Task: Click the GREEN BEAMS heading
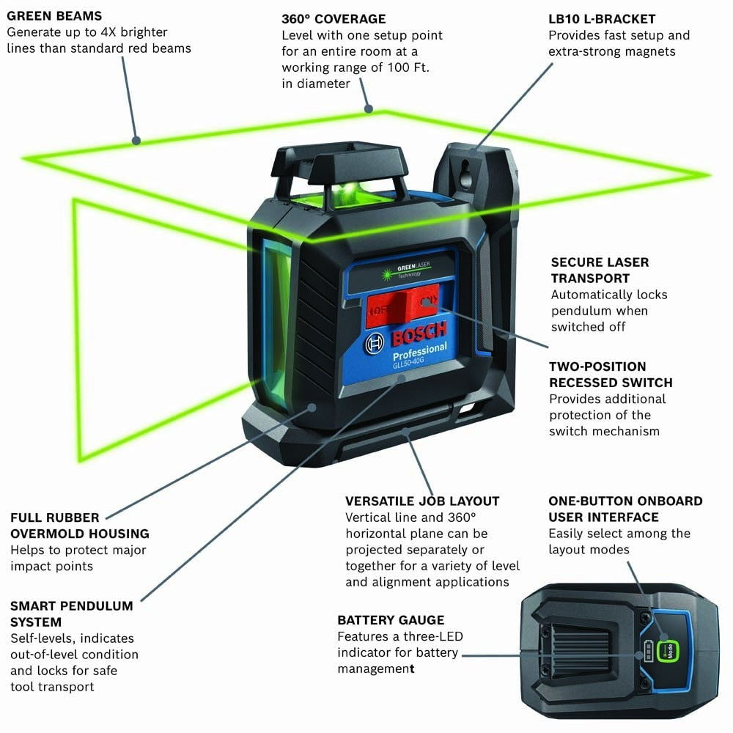(x=54, y=15)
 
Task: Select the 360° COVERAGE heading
(x=334, y=18)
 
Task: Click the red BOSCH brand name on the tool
(x=420, y=336)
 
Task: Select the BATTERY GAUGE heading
(x=391, y=620)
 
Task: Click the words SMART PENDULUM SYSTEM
(x=71, y=614)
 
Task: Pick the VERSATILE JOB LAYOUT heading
(x=422, y=501)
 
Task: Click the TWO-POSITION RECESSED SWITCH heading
(x=610, y=374)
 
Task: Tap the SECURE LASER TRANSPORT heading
(x=600, y=270)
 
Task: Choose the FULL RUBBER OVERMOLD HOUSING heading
(x=79, y=526)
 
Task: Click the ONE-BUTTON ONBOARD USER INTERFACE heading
(x=625, y=509)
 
